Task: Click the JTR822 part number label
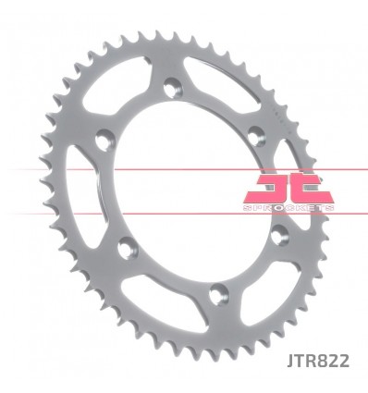pyautogui.click(x=318, y=361)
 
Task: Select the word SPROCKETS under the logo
pyautogui.click(x=288, y=208)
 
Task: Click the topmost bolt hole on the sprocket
pyautogui.click(x=173, y=88)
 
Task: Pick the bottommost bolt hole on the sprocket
pyautogui.click(x=218, y=294)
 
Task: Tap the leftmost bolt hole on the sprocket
pyautogui.click(x=104, y=140)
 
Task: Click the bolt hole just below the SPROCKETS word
pyautogui.click(x=280, y=235)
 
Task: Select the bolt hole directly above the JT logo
pyautogui.click(x=256, y=135)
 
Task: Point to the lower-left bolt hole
pyautogui.click(x=128, y=248)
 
